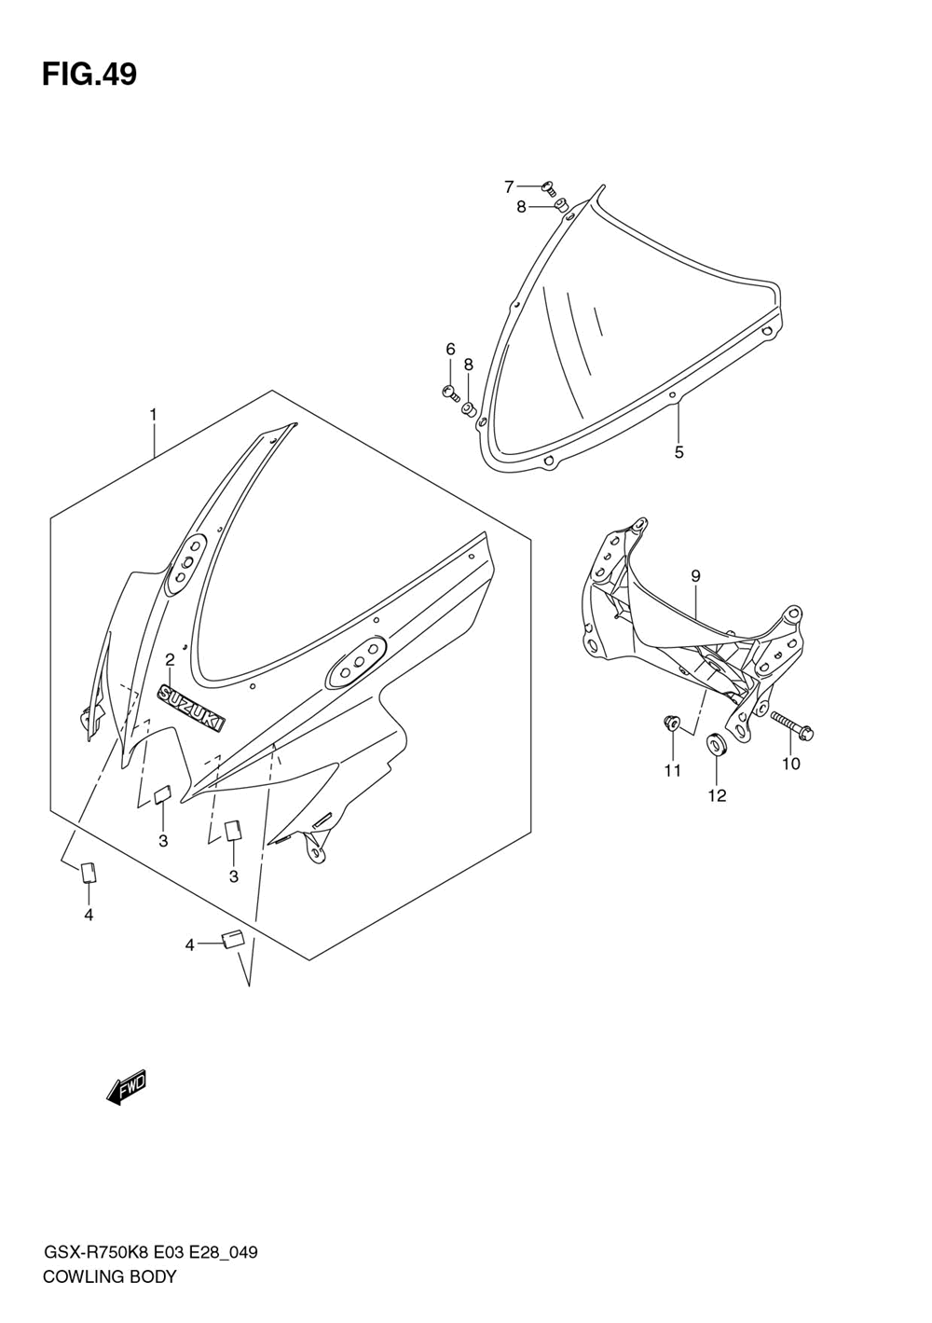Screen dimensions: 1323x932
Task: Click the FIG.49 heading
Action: (x=89, y=75)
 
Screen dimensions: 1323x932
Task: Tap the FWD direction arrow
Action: (x=128, y=1087)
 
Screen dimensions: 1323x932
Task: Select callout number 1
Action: (x=154, y=414)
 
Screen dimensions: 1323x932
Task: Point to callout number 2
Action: (x=170, y=660)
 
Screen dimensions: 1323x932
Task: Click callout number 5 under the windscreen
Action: (x=678, y=452)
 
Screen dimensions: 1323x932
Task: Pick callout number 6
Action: (x=450, y=350)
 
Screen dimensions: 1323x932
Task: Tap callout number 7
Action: (x=509, y=186)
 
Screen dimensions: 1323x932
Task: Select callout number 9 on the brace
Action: (x=695, y=576)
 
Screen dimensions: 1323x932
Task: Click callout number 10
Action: (x=790, y=764)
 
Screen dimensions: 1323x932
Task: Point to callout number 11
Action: (x=672, y=770)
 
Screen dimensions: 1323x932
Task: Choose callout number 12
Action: (x=716, y=795)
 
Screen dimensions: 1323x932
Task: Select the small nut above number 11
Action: (x=670, y=721)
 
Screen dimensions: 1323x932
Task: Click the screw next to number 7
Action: (x=548, y=188)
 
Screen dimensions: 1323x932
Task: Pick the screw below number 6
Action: (x=450, y=393)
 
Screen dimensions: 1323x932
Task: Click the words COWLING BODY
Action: (x=109, y=1277)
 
